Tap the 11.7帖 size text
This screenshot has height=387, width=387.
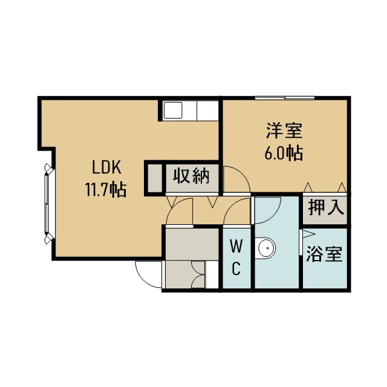pyautogui.click(x=106, y=189)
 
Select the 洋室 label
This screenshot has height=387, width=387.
pyautogui.click(x=284, y=131)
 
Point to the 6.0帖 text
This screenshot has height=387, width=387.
pyautogui.click(x=284, y=153)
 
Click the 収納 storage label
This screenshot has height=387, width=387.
pyautogui.click(x=191, y=176)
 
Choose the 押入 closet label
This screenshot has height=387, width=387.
pyautogui.click(x=326, y=207)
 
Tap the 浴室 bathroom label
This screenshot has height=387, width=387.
pyautogui.click(x=324, y=254)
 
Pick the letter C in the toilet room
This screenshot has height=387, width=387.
pyautogui.click(x=236, y=268)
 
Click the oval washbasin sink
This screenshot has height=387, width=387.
pyautogui.click(x=266, y=249)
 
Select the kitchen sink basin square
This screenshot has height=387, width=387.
pyautogui.click(x=173, y=110)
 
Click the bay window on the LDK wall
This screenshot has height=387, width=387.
pyautogui.click(x=48, y=204)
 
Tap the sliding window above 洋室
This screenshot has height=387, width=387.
pyautogui.click(x=285, y=98)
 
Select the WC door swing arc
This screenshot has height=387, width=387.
pyautogui.click(x=231, y=206)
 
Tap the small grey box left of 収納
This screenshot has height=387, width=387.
pyautogui.click(x=155, y=178)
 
